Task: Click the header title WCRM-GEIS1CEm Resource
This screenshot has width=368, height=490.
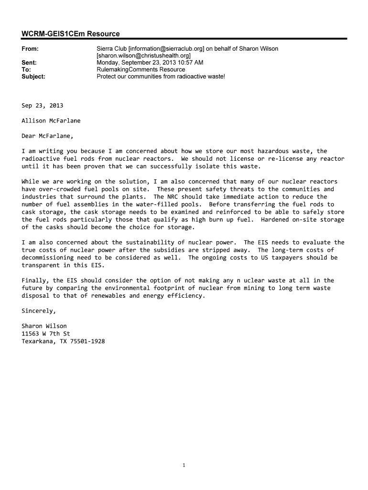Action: (70, 33)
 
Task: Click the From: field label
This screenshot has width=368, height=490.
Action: (30, 49)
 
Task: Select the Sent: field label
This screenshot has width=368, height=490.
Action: (29, 63)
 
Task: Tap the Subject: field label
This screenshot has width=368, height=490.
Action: (33, 76)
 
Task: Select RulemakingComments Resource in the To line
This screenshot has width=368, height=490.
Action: (141, 69)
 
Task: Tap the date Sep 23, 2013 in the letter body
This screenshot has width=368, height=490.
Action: (43, 105)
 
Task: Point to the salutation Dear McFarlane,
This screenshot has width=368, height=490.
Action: (48, 136)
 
